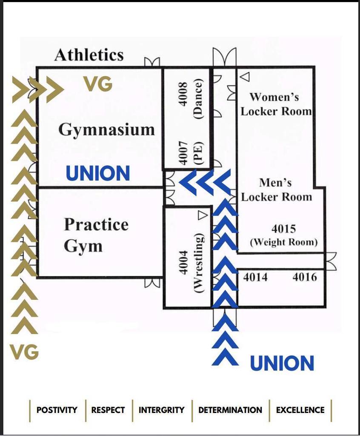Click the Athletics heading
pos(89,55)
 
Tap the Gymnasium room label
pos(106,129)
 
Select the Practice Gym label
pos(96,235)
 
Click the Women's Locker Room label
pos(276,104)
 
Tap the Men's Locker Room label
pos(276,189)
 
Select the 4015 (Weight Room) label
pos(283,235)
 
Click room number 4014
pos(255,277)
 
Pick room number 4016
pos(305,277)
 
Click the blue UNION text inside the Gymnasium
pos(98,174)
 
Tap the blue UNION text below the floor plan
pos(282,363)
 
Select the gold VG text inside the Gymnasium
pos(98,84)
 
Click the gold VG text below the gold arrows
pos(24,352)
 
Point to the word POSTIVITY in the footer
pos(57,410)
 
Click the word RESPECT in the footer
pos(108,410)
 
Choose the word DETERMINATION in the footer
pos(230,410)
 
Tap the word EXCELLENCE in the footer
pos(300,410)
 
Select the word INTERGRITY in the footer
pos(162,410)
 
